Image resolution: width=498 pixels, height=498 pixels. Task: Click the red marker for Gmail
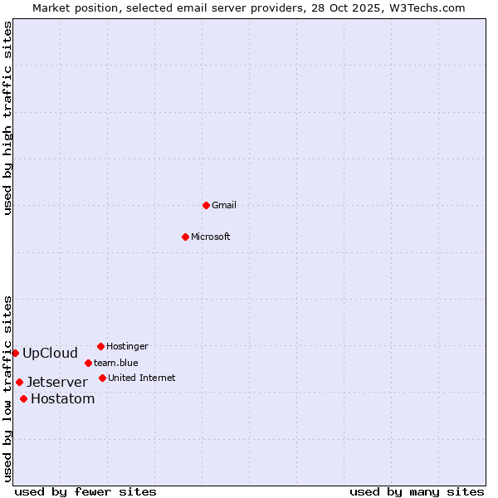206,205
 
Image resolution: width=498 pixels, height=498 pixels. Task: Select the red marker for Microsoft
185,237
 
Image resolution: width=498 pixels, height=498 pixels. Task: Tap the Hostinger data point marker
100,346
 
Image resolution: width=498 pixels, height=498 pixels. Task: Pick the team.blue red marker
88,363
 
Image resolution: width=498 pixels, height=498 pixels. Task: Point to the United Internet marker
102,378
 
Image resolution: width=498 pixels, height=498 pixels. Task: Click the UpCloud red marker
15,353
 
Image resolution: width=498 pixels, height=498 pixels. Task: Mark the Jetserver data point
19,382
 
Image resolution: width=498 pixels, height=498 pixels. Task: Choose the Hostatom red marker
23,398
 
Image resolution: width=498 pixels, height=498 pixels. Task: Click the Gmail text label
224,205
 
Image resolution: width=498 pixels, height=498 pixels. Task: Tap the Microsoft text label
211,237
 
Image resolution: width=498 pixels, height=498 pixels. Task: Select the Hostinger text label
127,346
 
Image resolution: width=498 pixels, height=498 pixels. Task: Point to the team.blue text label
116,363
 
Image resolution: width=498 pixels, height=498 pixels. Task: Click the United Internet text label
142,378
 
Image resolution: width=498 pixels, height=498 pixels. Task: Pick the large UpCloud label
50,353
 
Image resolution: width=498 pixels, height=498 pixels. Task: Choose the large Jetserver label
56,382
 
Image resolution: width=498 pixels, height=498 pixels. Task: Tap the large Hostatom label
62,398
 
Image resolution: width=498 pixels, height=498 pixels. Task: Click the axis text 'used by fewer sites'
85,491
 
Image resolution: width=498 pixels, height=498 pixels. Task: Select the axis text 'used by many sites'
417,491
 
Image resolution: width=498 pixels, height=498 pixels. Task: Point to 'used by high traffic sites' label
7,118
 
